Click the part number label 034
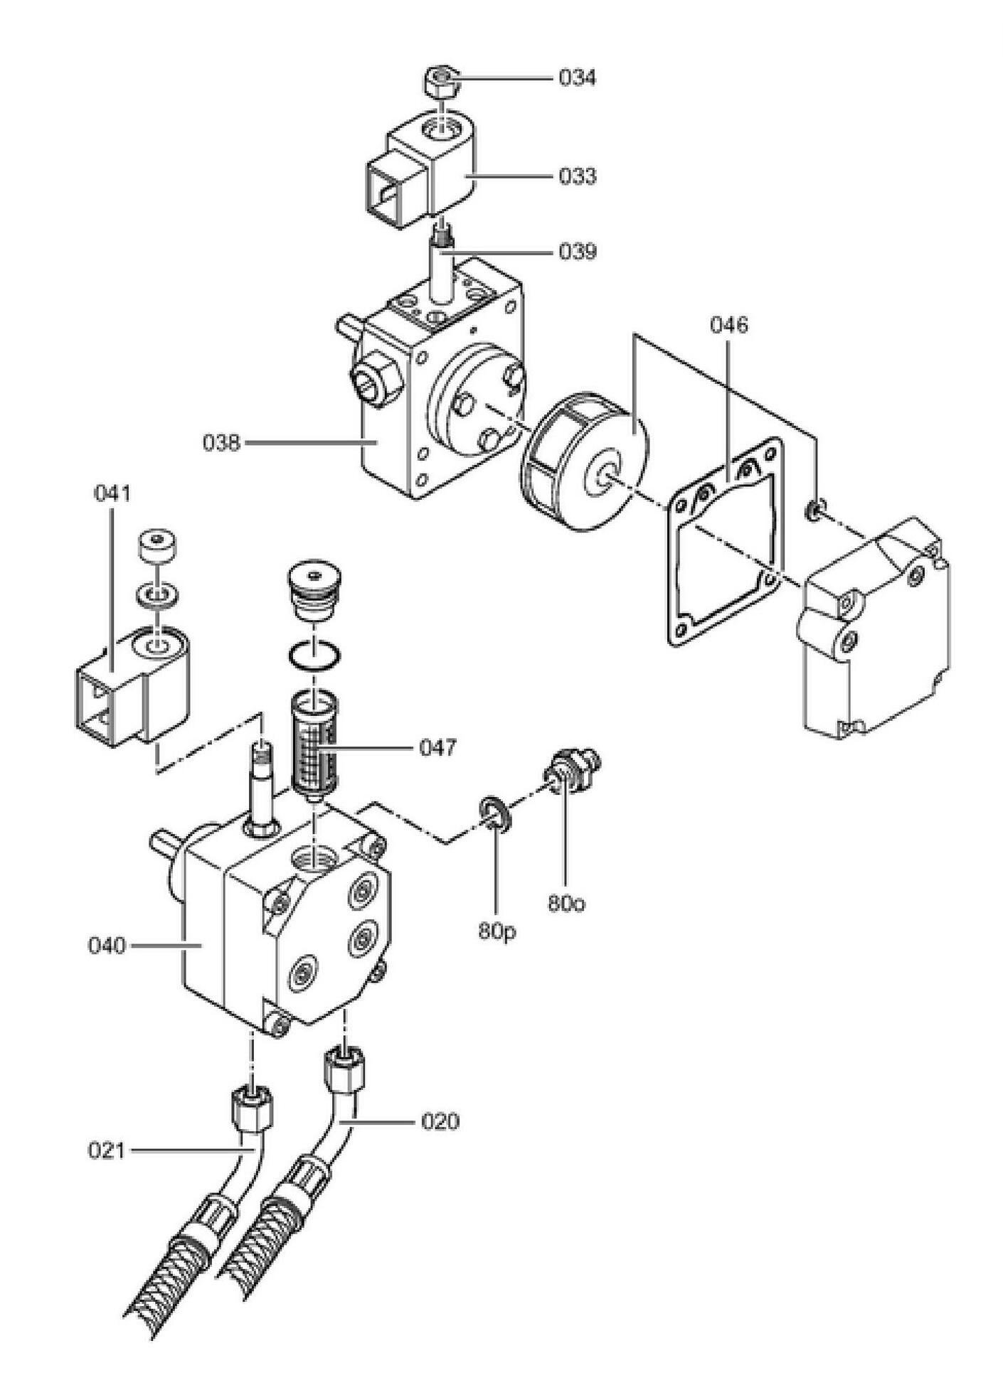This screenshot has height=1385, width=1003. [x=577, y=77]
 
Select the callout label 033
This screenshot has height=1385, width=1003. [x=577, y=176]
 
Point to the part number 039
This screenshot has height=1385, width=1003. [x=577, y=252]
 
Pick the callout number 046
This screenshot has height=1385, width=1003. [x=729, y=325]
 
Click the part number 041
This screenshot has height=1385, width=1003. [x=113, y=493]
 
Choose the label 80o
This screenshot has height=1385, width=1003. [x=566, y=904]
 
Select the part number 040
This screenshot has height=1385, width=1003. [x=107, y=946]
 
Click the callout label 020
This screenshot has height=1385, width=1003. [x=440, y=1122]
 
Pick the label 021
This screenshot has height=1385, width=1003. [x=107, y=1150]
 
